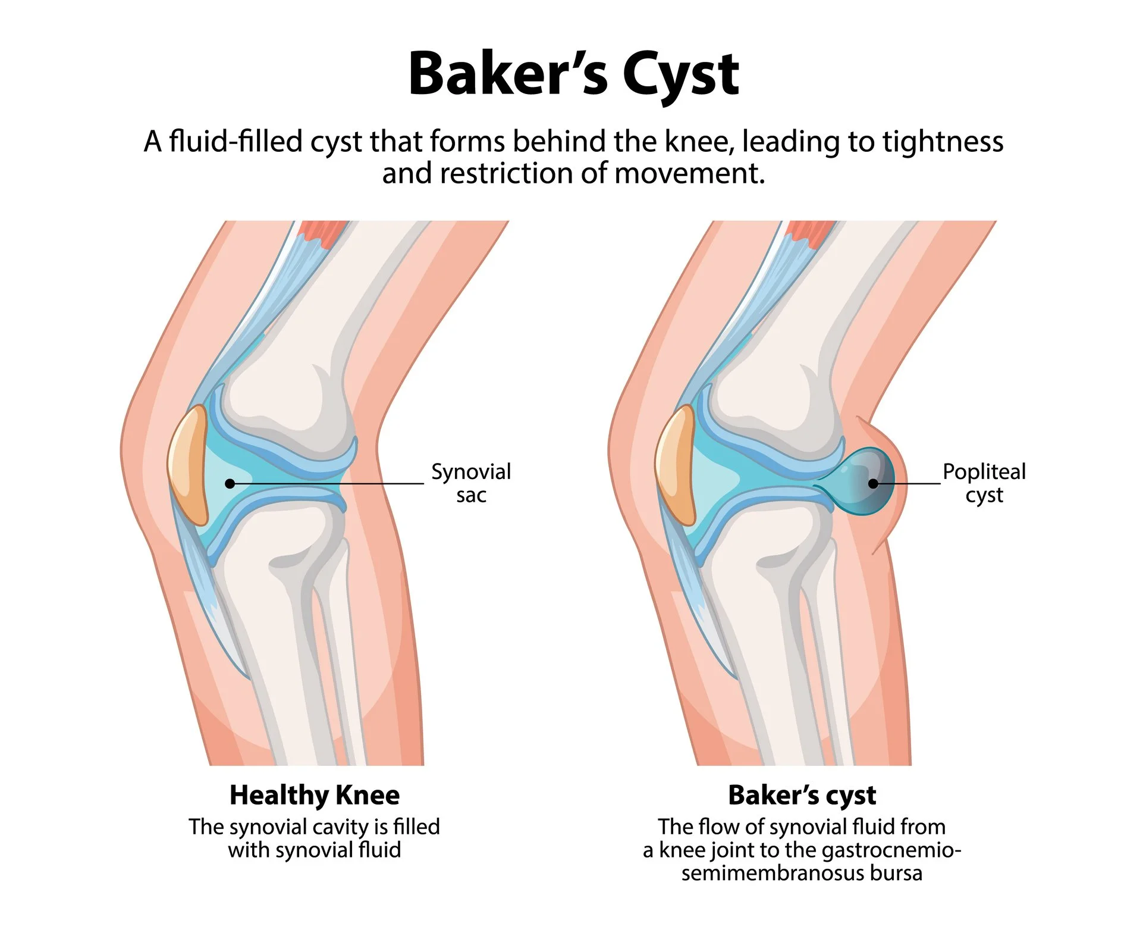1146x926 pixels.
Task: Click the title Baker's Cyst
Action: click(573, 74)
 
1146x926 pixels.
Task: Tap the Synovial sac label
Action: click(470, 483)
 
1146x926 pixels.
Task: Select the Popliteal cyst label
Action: click(984, 483)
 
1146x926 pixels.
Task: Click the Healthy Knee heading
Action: click(315, 795)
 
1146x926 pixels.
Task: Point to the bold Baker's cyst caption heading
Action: click(802, 795)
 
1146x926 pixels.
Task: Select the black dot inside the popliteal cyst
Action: click(873, 483)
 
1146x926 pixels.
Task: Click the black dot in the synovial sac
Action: click(230, 484)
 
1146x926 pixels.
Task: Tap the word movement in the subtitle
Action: click(690, 174)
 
